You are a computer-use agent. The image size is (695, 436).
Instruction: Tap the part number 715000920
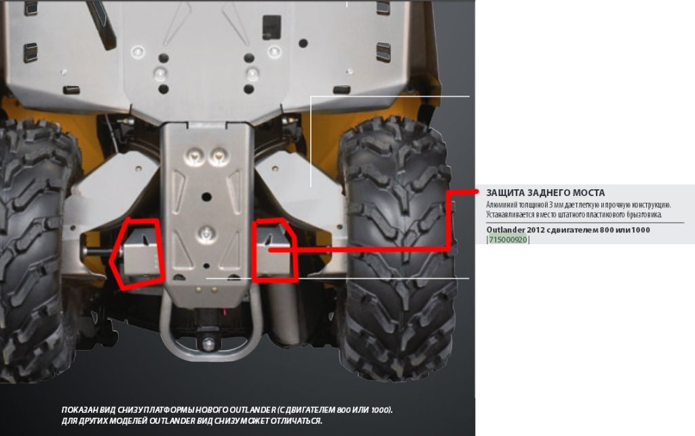click(x=508, y=239)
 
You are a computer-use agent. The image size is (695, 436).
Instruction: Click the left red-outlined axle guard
click(x=137, y=252)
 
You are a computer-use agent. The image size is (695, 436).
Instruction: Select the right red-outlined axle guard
click(x=274, y=250)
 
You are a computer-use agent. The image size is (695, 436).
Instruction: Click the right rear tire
click(x=398, y=248)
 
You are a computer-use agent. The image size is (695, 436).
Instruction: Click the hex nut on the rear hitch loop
click(x=208, y=343)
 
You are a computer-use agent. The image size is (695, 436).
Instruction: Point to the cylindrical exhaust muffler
click(x=284, y=312)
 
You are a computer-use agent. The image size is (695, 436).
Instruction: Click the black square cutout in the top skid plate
click(x=271, y=26)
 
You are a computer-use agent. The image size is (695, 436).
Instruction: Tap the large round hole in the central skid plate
click(x=206, y=196)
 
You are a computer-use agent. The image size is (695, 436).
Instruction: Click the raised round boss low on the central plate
click(x=206, y=232)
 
